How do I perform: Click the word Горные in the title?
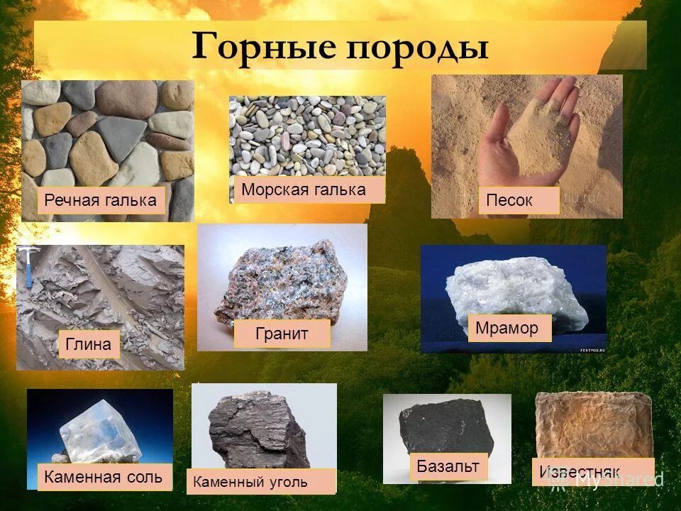263,46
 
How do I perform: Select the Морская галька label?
304,190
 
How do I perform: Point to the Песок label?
509,201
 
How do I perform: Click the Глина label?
89,345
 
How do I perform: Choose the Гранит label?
282,334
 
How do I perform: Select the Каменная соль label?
104,477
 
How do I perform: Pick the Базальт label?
448,467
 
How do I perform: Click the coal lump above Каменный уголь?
259,426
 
